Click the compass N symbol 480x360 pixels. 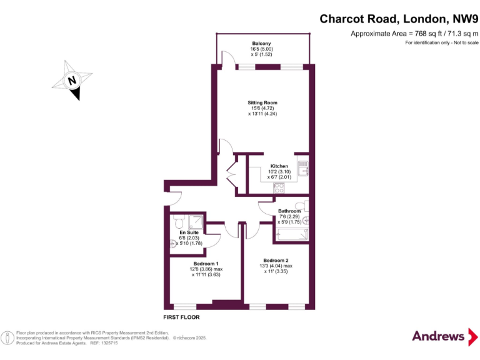(72, 81)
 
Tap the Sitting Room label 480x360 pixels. (262, 102)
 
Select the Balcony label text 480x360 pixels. (262, 43)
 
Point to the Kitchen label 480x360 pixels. (279, 166)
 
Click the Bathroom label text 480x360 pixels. (289, 211)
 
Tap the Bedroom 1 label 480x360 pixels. (206, 263)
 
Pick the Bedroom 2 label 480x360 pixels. (276, 260)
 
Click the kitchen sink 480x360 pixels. (302, 168)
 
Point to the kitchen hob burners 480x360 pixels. (278, 188)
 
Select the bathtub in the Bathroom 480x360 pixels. (291, 234)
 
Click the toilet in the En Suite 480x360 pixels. (179, 222)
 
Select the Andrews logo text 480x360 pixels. (439, 336)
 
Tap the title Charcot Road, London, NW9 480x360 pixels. (399, 19)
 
